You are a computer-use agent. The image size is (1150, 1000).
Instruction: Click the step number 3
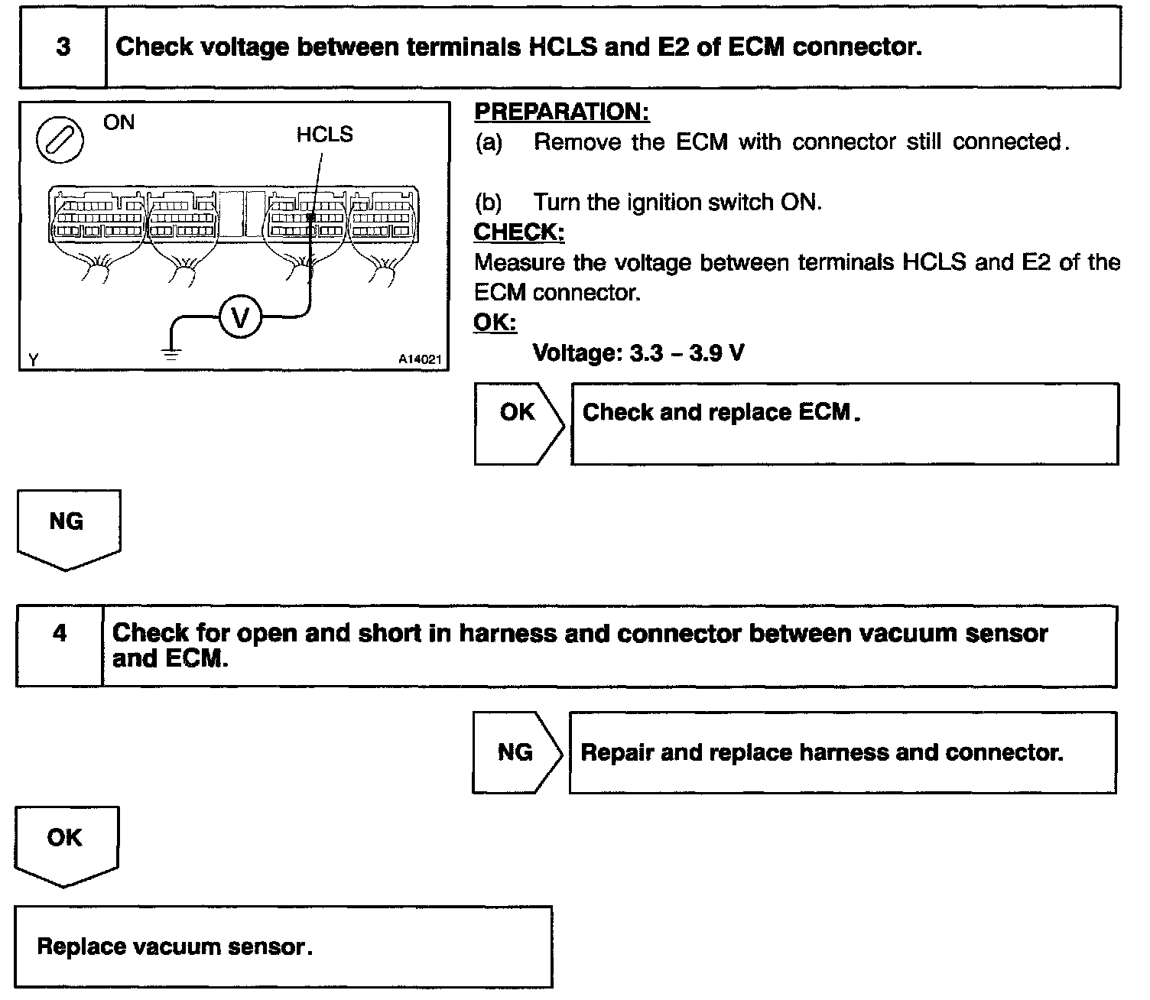(x=63, y=47)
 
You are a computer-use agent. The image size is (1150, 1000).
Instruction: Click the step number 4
(x=60, y=634)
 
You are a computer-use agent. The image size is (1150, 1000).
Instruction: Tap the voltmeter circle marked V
(x=240, y=317)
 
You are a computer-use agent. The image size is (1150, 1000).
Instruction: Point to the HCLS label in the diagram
(x=324, y=135)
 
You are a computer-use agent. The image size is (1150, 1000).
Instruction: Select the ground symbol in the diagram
(x=170, y=354)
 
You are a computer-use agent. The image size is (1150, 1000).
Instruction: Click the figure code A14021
(x=420, y=359)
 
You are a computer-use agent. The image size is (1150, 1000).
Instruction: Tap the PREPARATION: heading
(x=562, y=112)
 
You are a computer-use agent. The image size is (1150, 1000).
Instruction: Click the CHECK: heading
(x=519, y=232)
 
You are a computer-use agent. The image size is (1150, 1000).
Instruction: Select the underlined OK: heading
(x=495, y=323)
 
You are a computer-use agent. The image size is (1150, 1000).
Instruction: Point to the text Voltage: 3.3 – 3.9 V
(x=638, y=352)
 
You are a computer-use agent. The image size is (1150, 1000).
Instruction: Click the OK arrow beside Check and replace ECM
(x=518, y=423)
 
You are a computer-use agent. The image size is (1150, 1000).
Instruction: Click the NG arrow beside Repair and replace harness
(x=516, y=752)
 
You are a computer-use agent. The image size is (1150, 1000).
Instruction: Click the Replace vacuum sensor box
(x=283, y=946)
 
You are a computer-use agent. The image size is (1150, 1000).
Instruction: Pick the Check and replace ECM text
(x=722, y=413)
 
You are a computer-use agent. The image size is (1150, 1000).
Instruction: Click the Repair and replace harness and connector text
(x=822, y=752)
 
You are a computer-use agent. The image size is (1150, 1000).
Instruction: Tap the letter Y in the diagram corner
(x=33, y=359)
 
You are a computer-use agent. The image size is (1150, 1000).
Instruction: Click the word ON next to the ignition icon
(x=119, y=122)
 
